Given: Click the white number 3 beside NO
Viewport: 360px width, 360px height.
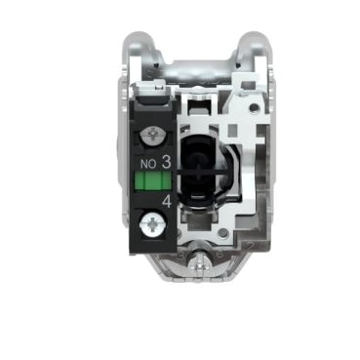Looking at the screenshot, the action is pos(166,162).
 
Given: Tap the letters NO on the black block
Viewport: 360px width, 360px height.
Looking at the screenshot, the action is pos(148,164).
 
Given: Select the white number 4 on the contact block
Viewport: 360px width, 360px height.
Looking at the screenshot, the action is pos(167,202).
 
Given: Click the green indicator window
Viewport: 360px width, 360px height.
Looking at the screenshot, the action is pos(152,180).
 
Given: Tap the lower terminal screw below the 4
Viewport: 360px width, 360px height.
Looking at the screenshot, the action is pos(151,224).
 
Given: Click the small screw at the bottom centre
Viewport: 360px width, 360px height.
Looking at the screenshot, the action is pos(199,265).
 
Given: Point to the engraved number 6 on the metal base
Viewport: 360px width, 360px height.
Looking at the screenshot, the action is pos(220,254).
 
